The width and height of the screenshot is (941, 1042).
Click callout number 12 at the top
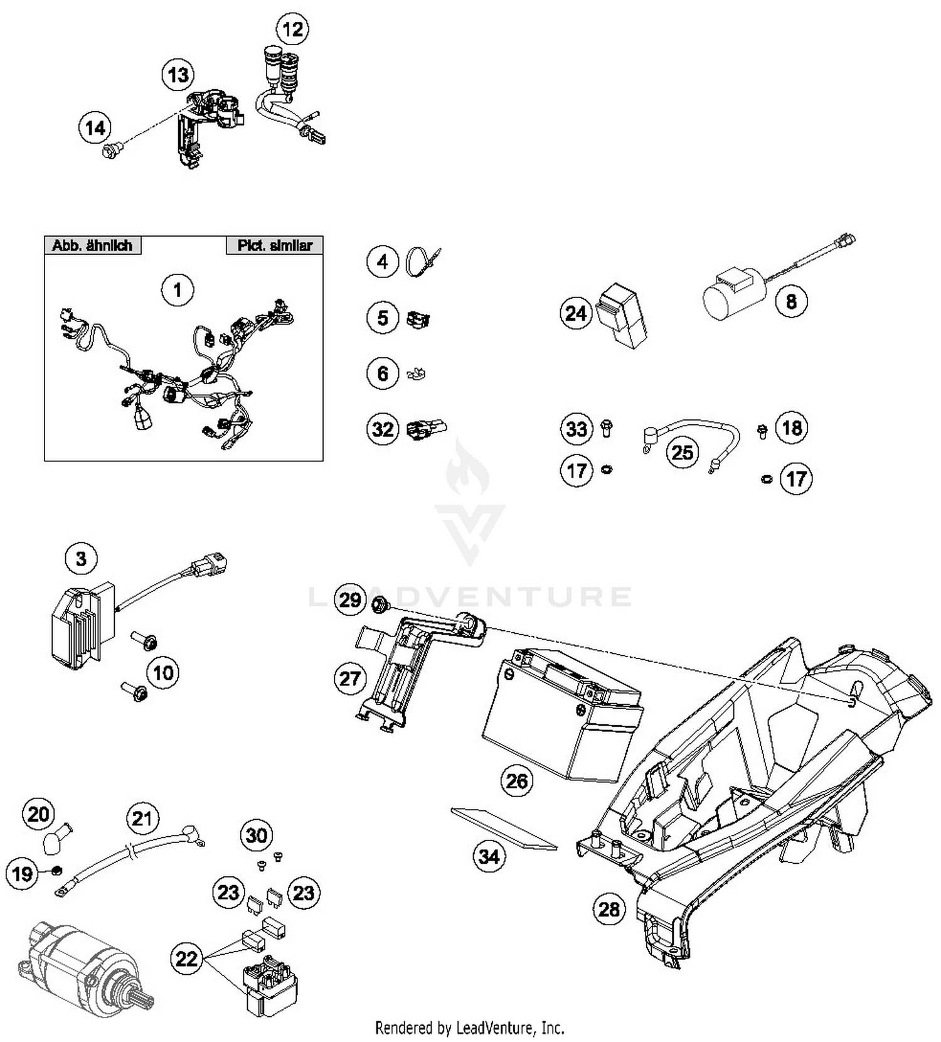292,29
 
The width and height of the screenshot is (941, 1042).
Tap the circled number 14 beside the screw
95,128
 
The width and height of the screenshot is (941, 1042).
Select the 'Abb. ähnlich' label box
92,245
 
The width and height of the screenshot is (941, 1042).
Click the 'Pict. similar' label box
274,245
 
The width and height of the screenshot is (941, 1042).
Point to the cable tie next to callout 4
422,262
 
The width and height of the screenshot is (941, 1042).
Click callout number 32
383,429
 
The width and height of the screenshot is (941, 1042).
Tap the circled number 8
791,302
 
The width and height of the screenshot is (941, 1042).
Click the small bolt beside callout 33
606,428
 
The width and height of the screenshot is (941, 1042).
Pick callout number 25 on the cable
683,452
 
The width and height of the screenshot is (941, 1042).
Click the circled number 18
792,428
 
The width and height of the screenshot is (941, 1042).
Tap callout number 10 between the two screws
163,673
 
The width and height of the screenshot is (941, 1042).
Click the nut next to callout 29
379,606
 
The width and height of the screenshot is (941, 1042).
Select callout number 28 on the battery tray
609,909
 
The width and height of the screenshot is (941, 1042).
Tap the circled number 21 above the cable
142,819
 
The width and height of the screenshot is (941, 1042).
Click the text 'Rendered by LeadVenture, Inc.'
469,1028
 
